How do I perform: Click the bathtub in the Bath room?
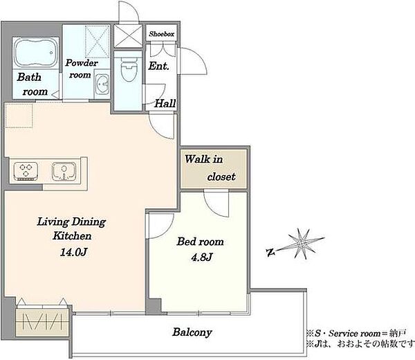click(35, 53)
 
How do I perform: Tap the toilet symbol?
click(128, 69)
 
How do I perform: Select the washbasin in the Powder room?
click(102, 84)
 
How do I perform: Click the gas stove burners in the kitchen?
click(26, 171)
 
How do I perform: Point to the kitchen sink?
click(64, 171)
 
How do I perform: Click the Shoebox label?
click(161, 34)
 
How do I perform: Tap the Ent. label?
click(158, 66)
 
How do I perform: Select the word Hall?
click(165, 103)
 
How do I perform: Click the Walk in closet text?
click(210, 168)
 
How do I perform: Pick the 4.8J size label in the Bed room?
click(202, 257)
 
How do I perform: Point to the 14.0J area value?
click(73, 252)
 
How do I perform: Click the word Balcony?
click(192, 332)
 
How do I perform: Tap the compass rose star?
click(302, 244)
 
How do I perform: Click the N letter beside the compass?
click(270, 253)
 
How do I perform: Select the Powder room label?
click(81, 69)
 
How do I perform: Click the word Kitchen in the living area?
click(72, 235)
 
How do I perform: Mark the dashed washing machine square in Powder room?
click(97, 42)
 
